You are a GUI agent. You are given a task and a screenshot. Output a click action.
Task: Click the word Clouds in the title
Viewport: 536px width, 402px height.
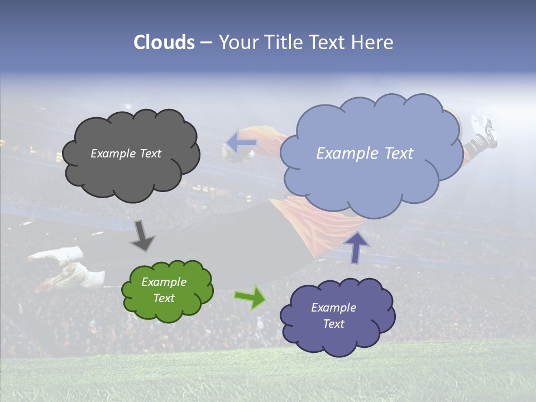[x=164, y=42]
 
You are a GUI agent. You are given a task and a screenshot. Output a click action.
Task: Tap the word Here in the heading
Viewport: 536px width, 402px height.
[x=372, y=42]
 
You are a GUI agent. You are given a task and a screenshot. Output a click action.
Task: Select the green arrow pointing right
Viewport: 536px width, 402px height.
[x=251, y=297]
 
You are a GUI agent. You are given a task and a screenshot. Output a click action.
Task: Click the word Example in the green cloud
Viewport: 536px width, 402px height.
[x=164, y=282]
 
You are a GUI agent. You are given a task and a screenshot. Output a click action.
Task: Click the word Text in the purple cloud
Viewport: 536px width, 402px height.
[x=333, y=324]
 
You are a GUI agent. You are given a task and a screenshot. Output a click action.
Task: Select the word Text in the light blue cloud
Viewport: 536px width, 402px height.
[x=400, y=154]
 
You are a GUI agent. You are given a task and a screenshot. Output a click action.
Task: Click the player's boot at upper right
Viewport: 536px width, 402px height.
[x=484, y=131]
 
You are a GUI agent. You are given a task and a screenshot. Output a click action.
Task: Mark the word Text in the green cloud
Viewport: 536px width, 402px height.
[x=164, y=298]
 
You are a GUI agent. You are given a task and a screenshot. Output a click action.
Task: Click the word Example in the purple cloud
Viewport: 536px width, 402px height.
[x=333, y=308]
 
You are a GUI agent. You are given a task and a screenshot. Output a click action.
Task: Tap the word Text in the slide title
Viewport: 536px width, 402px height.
[x=327, y=42]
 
